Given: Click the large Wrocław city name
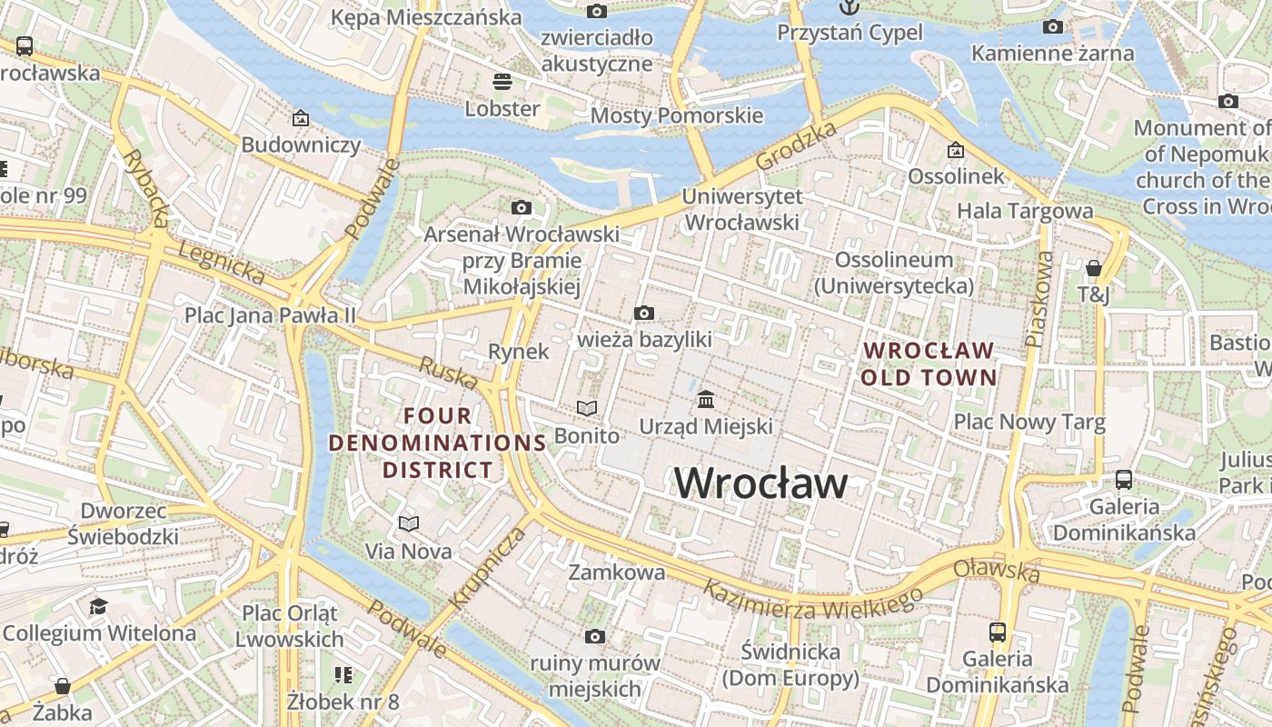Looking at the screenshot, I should click(760, 483).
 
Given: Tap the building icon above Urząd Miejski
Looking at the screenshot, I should click(706, 400).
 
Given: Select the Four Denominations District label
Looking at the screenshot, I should click(437, 443).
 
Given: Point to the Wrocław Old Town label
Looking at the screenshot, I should click(929, 363).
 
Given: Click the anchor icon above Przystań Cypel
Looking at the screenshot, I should click(849, 7).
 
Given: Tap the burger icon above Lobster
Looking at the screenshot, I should click(502, 82).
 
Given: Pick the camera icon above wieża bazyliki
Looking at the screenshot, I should click(644, 314).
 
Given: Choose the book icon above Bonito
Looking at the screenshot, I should click(587, 409).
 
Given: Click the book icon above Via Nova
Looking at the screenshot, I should click(408, 524).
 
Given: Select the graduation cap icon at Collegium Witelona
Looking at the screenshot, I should click(98, 606).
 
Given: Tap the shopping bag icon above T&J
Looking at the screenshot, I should click(1094, 268).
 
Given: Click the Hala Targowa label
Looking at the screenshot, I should click(1025, 211).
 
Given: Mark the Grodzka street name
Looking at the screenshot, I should click(796, 145).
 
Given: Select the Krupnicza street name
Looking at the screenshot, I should click(487, 568).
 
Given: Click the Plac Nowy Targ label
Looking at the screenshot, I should click(1029, 422).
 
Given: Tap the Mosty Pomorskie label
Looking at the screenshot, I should click(677, 115).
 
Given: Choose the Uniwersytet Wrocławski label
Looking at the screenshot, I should click(741, 209).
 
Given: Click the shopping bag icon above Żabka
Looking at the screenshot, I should click(63, 685).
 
